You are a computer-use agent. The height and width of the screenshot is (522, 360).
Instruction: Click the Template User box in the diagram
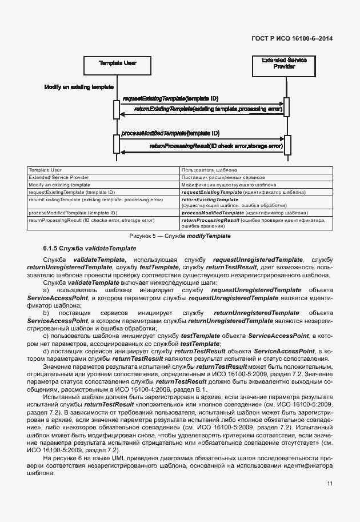pos(117,65)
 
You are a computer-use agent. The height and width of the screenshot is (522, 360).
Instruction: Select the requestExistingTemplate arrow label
pos(170,99)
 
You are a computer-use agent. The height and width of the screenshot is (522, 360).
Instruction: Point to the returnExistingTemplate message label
pos(208,108)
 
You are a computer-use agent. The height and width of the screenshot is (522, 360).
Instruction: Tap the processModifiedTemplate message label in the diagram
pos(170,133)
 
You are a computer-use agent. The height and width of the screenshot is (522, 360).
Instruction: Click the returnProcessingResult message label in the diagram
pos(215,146)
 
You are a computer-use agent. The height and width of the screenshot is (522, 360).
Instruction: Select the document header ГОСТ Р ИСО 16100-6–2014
pos(292,38)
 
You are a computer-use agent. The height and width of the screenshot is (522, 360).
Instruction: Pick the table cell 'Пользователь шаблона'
pos(206,170)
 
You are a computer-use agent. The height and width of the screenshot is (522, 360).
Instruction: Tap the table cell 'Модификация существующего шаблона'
pos(218,185)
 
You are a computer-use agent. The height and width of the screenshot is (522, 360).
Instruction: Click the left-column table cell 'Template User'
pos(45,170)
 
